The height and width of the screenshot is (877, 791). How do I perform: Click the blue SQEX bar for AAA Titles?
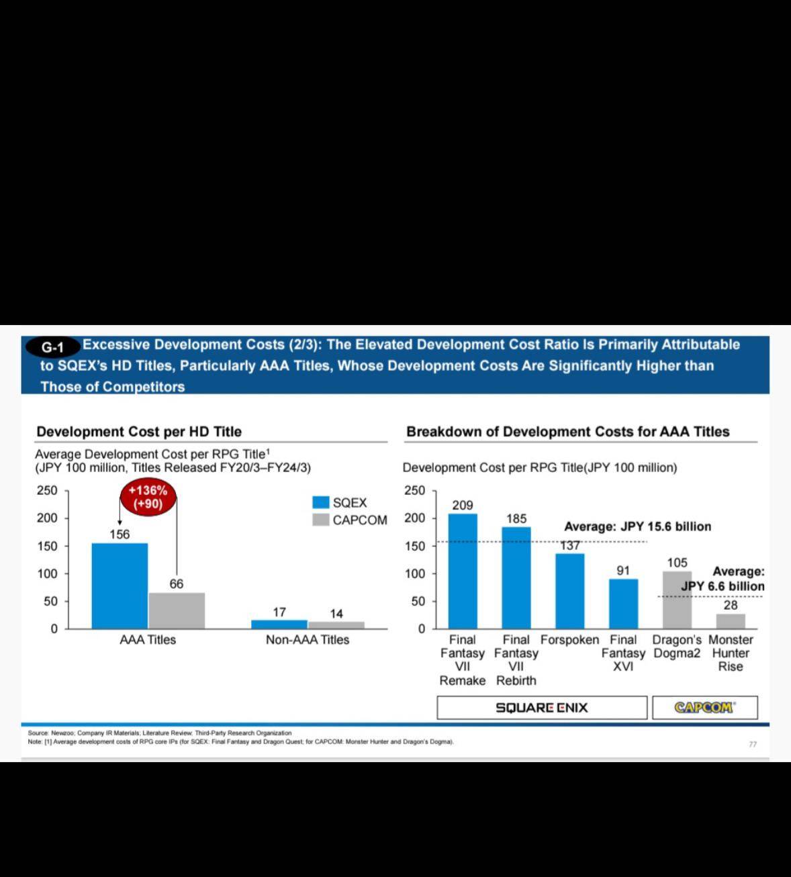[x=120, y=586]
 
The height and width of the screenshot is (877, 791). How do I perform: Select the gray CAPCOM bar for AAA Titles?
[x=177, y=610]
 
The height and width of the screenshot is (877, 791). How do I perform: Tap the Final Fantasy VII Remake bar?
[x=463, y=571]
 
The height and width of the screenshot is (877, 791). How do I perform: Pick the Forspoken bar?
[x=569, y=591]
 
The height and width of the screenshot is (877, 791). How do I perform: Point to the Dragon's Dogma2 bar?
[x=677, y=600]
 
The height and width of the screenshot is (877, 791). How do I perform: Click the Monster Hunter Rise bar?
[x=731, y=621]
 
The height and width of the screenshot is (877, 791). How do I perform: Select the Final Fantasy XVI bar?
[x=623, y=604]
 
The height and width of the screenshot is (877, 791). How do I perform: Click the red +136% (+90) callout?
[x=148, y=498]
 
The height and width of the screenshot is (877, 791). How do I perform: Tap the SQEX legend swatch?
[x=320, y=502]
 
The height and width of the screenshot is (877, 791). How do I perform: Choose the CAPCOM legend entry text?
[x=360, y=520]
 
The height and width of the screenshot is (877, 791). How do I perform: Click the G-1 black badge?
[x=52, y=347]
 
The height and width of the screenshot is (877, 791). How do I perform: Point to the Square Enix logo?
[x=542, y=708]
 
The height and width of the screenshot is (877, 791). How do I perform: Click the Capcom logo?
[x=704, y=707]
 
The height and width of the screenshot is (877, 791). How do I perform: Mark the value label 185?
[x=516, y=518]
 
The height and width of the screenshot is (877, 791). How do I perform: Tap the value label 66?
[x=177, y=584]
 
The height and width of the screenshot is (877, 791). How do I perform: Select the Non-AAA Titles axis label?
[x=308, y=640]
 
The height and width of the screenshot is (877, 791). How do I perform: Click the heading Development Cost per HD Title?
[x=139, y=432]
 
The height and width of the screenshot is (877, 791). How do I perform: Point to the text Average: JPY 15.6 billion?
[x=637, y=526]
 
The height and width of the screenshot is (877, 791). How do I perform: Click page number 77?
[x=753, y=744]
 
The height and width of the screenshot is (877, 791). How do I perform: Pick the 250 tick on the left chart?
[x=47, y=490]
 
